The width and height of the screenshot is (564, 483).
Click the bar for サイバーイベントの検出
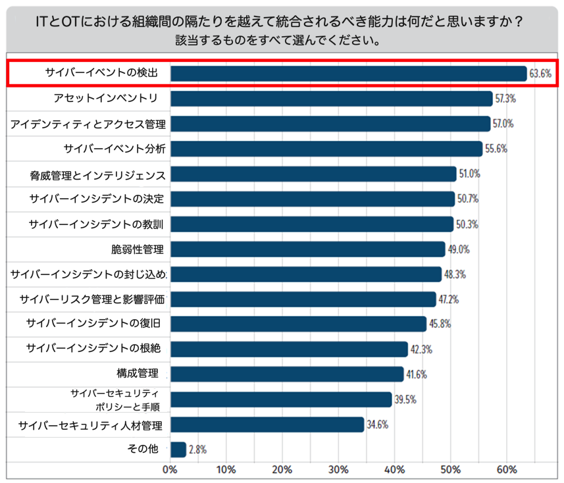[x=348, y=73]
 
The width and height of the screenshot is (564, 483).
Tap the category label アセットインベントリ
[x=105, y=99]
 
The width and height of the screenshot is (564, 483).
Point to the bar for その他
[x=178, y=449]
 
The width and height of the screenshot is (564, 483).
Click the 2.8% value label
[x=198, y=450]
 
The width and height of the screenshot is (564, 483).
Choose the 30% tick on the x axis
[x=338, y=470]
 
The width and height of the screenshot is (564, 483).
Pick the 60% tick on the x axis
[x=506, y=470]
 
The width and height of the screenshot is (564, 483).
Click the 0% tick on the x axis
[x=170, y=470]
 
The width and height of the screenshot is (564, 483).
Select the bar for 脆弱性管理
[x=307, y=249]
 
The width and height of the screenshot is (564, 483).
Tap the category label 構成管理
[x=138, y=374]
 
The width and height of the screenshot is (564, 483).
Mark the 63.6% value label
[x=540, y=74]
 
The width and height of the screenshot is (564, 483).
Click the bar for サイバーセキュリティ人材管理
[x=267, y=424]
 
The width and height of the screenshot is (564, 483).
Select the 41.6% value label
[x=417, y=374]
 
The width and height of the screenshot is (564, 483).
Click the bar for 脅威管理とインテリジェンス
[x=313, y=174]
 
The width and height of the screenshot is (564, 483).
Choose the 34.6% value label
[x=377, y=424]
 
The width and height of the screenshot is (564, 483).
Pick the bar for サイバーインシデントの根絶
[x=289, y=349]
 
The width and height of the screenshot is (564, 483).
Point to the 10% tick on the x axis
[x=226, y=470]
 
